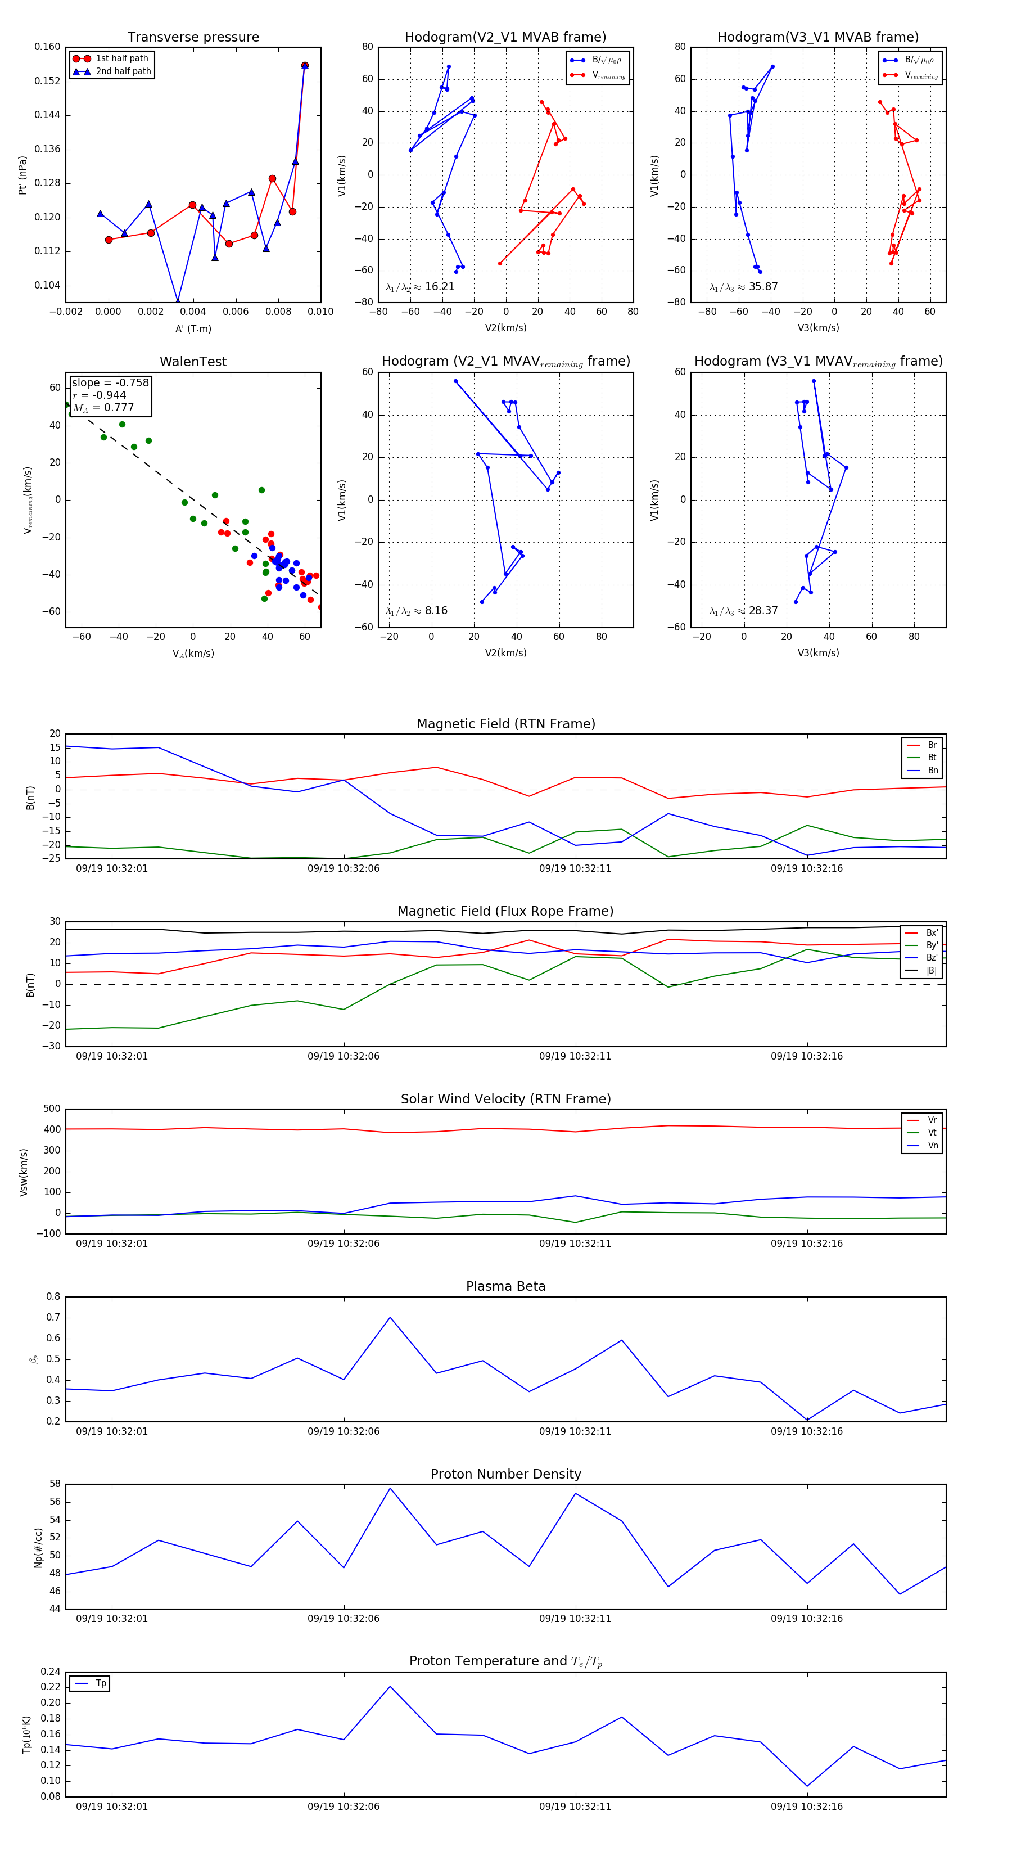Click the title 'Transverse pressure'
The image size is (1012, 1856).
(x=193, y=38)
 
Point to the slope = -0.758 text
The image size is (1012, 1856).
(x=110, y=382)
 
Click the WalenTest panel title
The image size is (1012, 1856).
(x=193, y=362)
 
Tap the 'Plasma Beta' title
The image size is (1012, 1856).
(x=505, y=1287)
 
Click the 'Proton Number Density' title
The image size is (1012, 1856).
(x=505, y=1474)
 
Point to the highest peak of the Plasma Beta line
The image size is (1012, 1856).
(x=390, y=1318)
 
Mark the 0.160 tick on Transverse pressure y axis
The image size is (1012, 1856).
(x=48, y=47)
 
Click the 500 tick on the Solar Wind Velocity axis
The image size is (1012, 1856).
(x=52, y=1109)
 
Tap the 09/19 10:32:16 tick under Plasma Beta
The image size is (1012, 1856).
(x=806, y=1431)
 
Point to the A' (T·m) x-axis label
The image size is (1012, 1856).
(x=193, y=328)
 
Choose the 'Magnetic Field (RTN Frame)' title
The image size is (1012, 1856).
(x=505, y=724)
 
